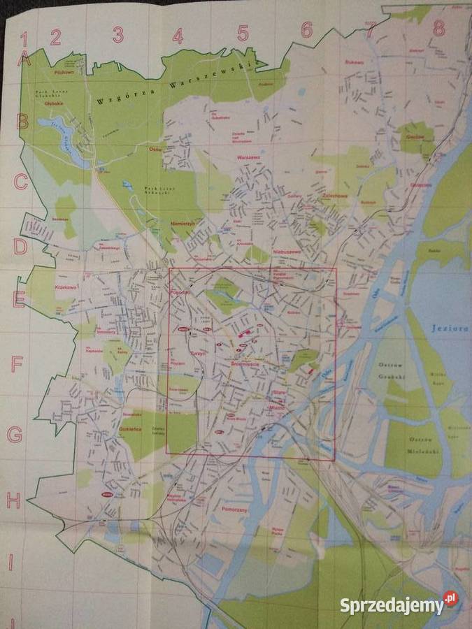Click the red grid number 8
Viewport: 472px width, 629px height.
coord(439,28)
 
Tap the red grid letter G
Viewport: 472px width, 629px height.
coord(14,435)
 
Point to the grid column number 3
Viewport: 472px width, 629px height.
coord(118,34)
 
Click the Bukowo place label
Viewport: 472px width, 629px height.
coord(355,62)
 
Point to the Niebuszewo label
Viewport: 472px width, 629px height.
coord(287,251)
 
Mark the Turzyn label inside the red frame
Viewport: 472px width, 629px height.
coord(199,354)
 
